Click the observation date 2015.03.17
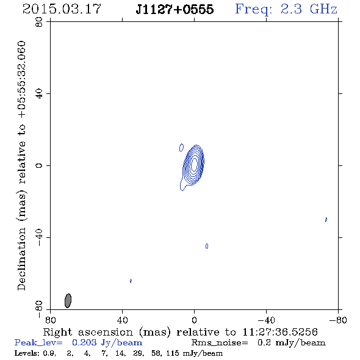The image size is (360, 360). (x=62, y=9)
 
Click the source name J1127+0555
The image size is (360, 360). (x=175, y=9)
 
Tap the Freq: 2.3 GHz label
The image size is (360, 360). (x=286, y=10)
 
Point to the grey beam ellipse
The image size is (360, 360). (x=68, y=301)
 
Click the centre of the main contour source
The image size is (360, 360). (x=194, y=164)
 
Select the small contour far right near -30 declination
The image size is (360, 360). (x=326, y=220)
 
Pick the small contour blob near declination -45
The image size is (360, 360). (x=207, y=246)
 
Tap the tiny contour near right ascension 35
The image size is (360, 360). (x=131, y=281)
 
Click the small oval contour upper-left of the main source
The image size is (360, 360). (x=181, y=148)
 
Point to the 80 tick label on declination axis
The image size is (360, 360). (x=39, y=22)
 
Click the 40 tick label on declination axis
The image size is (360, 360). (x=39, y=94)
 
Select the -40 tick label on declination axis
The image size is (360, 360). (x=39, y=237)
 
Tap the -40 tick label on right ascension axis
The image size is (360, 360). (x=266, y=320)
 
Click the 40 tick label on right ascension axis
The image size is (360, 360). (x=122, y=320)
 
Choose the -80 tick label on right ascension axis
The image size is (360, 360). (x=338, y=320)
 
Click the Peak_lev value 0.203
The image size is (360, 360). (x=84, y=342)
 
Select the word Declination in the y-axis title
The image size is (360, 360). (x=21, y=259)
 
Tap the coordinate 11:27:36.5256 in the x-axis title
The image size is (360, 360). (x=280, y=332)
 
